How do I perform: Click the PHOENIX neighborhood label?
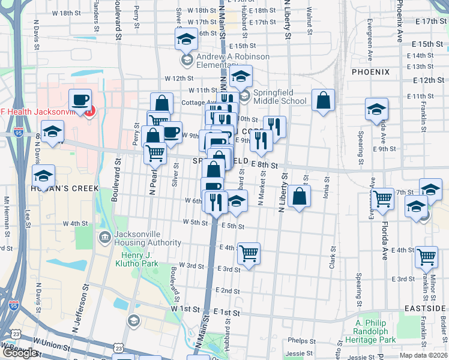(x=371, y=72)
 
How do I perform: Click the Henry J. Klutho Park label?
(x=136, y=259)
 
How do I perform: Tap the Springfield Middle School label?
(x=279, y=97)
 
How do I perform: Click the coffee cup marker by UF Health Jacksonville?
(x=80, y=100)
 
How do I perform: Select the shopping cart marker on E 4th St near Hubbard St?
(x=249, y=253)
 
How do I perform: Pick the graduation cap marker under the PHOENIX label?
(x=376, y=109)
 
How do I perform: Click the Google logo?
(x=20, y=352)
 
